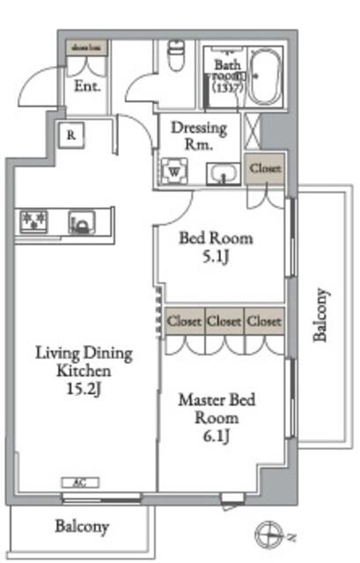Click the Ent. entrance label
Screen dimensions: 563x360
click(x=86, y=86)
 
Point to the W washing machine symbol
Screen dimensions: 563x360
click(x=174, y=171)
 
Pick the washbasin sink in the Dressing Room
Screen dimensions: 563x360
click(x=224, y=174)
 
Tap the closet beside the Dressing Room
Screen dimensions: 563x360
click(x=265, y=168)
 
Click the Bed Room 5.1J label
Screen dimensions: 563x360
click(x=216, y=247)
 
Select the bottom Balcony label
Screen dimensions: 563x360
click(x=82, y=528)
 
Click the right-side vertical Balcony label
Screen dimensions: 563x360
click(x=321, y=315)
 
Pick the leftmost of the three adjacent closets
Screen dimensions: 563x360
click(x=184, y=321)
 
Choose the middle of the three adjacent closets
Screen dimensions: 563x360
click(x=224, y=321)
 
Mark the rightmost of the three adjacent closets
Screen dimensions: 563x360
click(x=264, y=321)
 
